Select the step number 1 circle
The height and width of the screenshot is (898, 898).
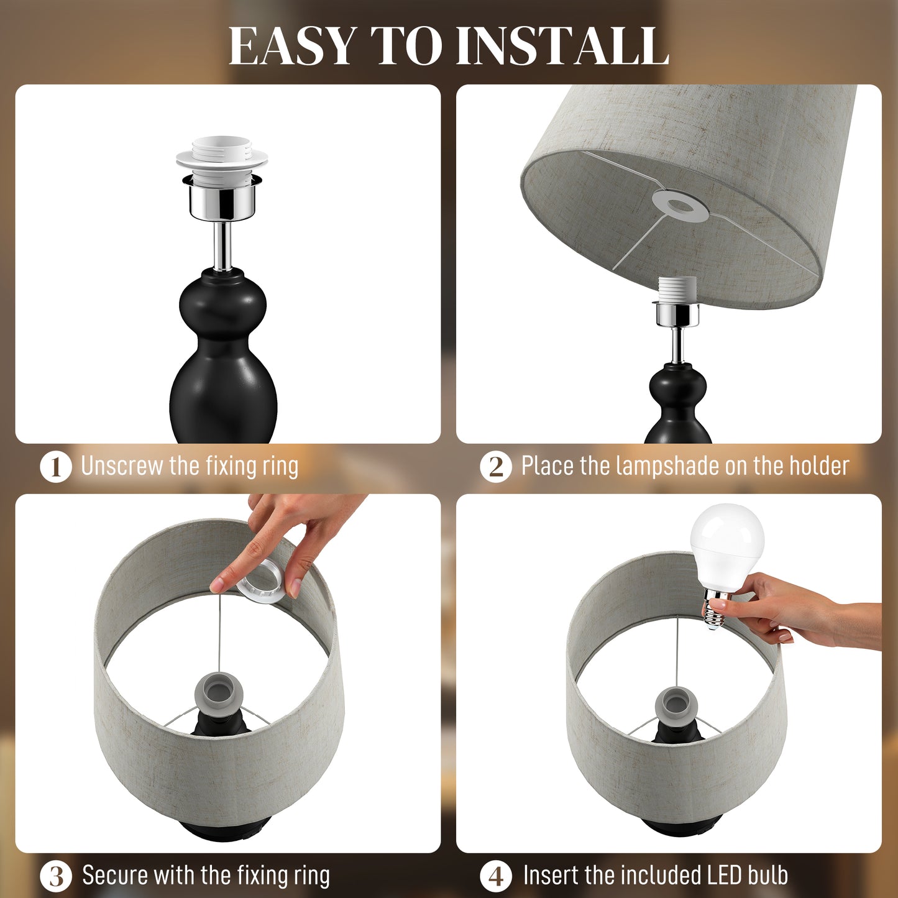click(56, 467)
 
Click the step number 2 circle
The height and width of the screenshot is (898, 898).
click(496, 467)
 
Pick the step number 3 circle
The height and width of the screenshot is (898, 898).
click(56, 876)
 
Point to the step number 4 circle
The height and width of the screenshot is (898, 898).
click(496, 876)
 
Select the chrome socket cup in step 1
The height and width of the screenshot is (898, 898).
click(222, 198)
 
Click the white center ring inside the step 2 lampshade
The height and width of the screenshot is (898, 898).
click(680, 205)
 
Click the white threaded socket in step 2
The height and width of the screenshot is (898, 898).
click(677, 289)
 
